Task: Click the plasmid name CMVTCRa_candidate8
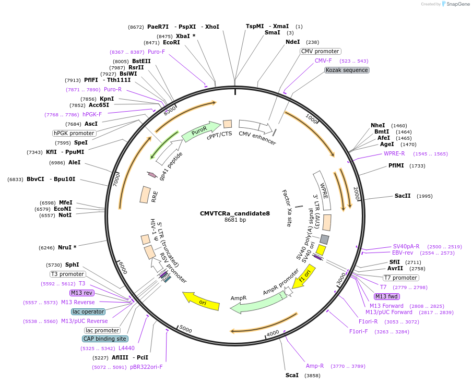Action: click(235, 213)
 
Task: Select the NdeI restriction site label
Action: click(292, 42)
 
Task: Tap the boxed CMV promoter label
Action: click(320, 51)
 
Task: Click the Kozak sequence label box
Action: click(347, 70)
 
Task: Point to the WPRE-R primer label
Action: click(394, 153)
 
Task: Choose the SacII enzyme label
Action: click(402, 196)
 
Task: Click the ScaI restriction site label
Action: click(292, 375)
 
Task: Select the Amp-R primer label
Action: click(315, 366)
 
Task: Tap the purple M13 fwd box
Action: click(386, 296)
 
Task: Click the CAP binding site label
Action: click(105, 339)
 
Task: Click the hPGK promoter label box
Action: click(74, 133)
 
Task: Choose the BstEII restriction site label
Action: click(141, 61)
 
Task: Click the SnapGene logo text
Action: click(458, 4)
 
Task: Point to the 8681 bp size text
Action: click(235, 220)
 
